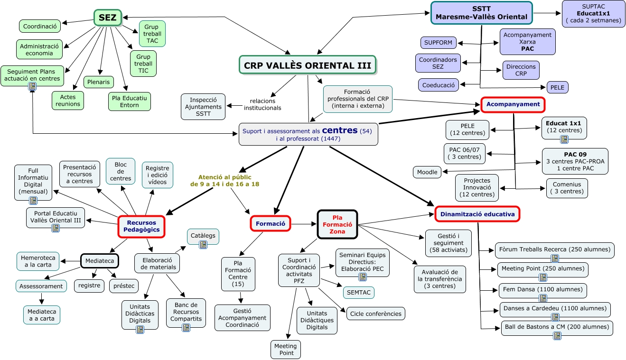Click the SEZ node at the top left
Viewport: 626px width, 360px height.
pyautogui.click(x=108, y=18)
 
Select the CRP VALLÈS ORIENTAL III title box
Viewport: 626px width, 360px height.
pyautogui.click(x=308, y=65)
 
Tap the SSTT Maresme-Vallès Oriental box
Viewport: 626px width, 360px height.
pyautogui.click(x=481, y=12)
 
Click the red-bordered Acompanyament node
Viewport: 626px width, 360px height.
pyautogui.click(x=513, y=104)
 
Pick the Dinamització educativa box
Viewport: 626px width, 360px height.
pyautogui.click(x=477, y=214)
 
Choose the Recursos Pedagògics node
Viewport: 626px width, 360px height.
pyautogui.click(x=141, y=226)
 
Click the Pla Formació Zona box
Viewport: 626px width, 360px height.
pyautogui.click(x=337, y=224)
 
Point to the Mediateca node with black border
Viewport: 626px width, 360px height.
pyautogui.click(x=99, y=260)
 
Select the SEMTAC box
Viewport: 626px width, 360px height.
pyautogui.click(x=358, y=292)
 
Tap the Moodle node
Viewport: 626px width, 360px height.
pyautogui.click(x=427, y=172)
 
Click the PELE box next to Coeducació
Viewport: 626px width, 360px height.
pyautogui.click(x=557, y=88)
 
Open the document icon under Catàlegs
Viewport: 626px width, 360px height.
pyautogui.click(x=203, y=245)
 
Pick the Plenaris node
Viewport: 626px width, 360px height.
pyautogui.click(x=99, y=82)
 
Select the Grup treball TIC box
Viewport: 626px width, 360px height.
pyautogui.click(x=143, y=64)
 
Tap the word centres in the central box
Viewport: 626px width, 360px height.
pyautogui.click(x=339, y=130)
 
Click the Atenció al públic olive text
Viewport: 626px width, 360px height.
pyautogui.click(x=224, y=180)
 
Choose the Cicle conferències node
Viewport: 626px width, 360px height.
pyautogui.click(x=375, y=314)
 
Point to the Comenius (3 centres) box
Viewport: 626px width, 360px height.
pyautogui.click(x=567, y=188)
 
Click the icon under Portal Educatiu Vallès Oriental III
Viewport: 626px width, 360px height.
pyautogui.click(x=56, y=228)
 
